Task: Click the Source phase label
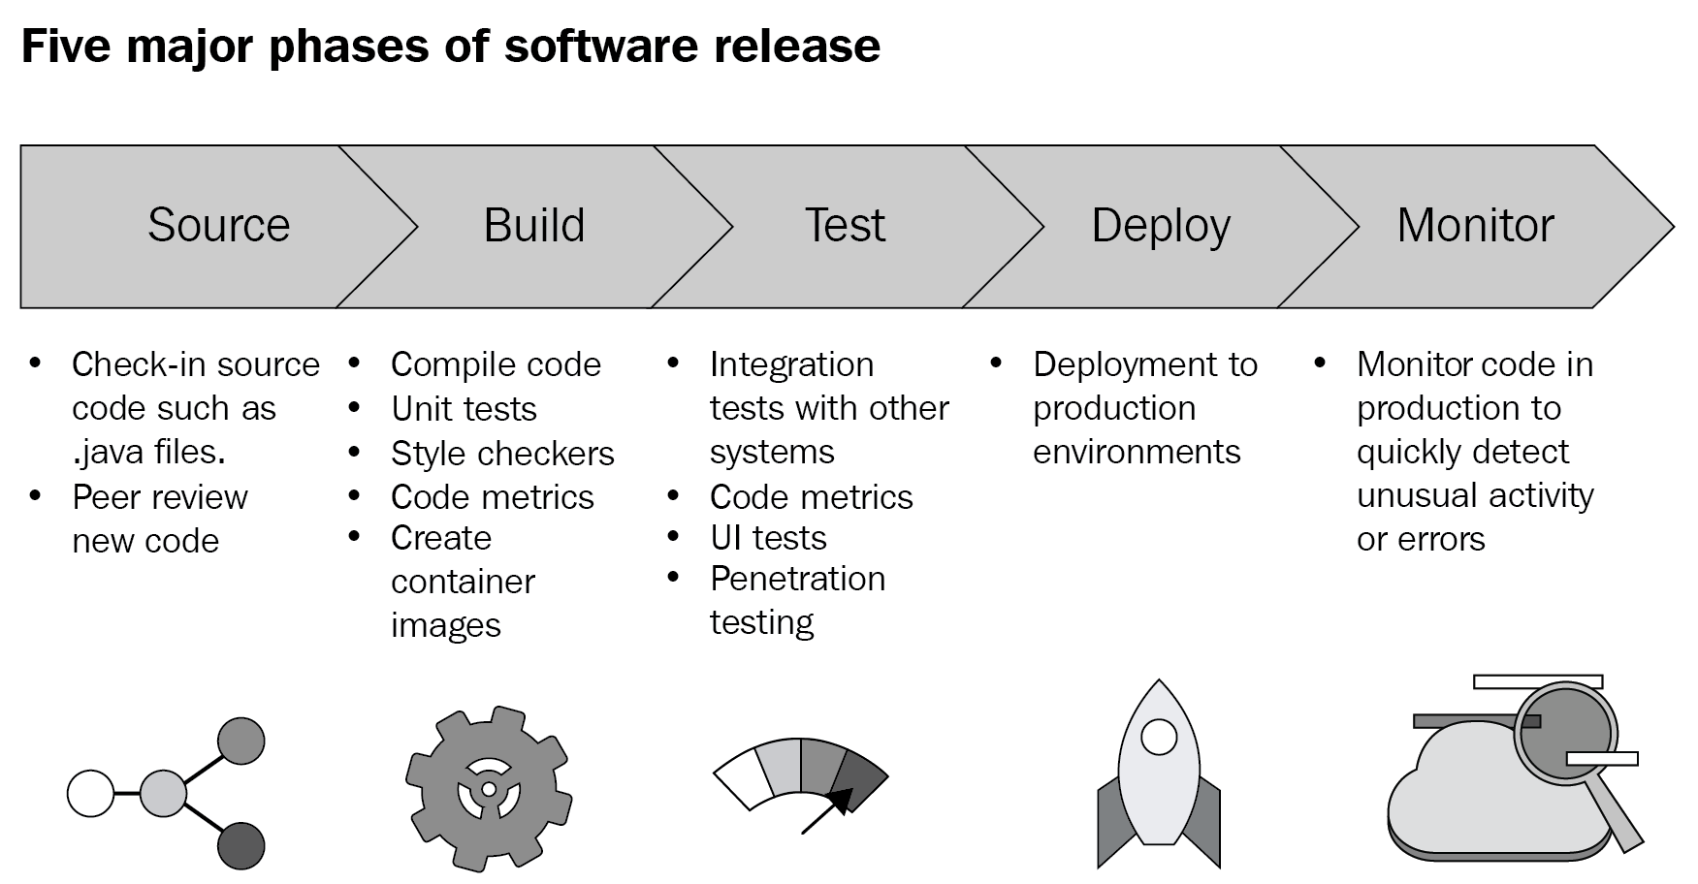(219, 225)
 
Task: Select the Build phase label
(534, 225)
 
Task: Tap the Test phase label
(845, 225)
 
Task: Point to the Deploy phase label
(1161, 227)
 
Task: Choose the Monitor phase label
(1475, 225)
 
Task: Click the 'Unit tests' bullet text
(464, 409)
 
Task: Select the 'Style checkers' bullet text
(502, 454)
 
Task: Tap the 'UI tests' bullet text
(768, 538)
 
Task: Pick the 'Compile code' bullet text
(496, 365)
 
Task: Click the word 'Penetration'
(797, 579)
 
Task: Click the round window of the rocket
(1159, 737)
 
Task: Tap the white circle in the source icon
(91, 794)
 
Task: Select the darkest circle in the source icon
(240, 845)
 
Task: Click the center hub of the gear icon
(488, 789)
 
